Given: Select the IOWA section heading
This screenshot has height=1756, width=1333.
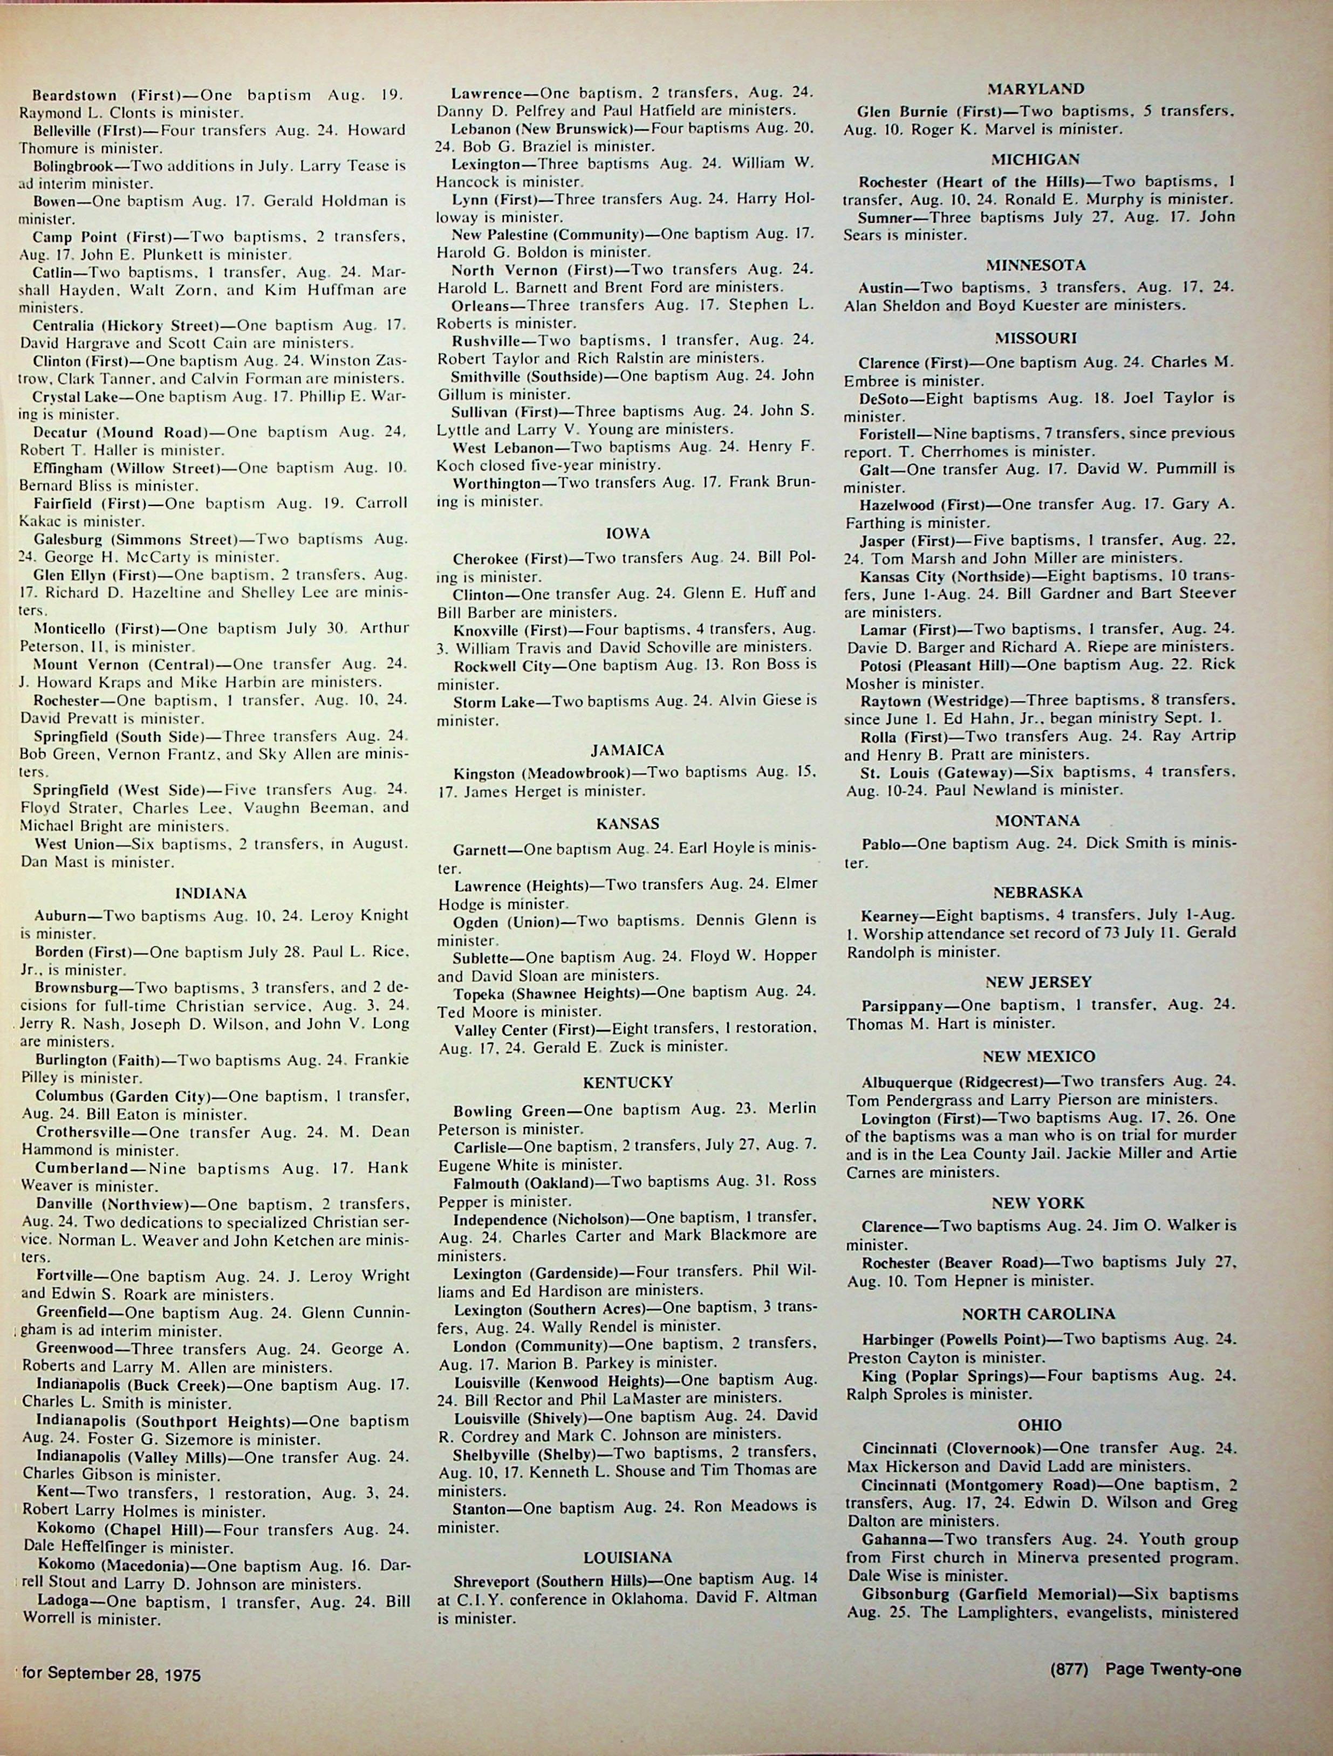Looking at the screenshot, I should pyautogui.click(x=627, y=533).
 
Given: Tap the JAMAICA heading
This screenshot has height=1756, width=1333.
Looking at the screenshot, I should pyautogui.click(x=627, y=750).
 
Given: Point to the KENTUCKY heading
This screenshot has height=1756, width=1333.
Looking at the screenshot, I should pyautogui.click(x=627, y=1082).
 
